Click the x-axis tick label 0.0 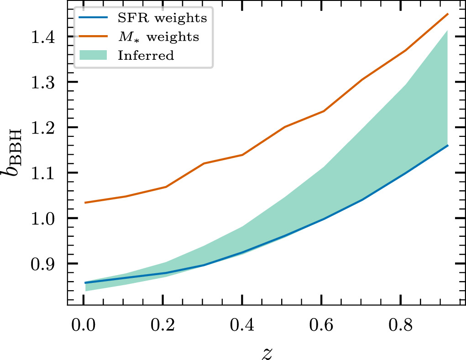84,327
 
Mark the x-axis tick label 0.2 163,327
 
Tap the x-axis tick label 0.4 242,327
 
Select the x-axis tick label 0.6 321,327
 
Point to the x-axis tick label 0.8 400,327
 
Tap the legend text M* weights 158,37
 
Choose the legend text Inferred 146,56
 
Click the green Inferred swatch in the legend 95,55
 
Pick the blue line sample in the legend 95,19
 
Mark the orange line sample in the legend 95,37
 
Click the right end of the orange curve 448,14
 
